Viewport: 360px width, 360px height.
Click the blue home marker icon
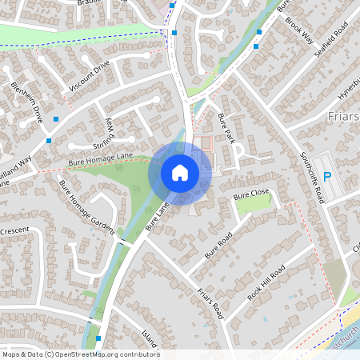tap(180, 173)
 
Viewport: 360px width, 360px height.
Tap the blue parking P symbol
tap(327, 176)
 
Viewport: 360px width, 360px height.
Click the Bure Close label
tap(251, 194)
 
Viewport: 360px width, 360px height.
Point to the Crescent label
tap(14, 230)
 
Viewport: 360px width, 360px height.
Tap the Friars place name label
tap(345, 117)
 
